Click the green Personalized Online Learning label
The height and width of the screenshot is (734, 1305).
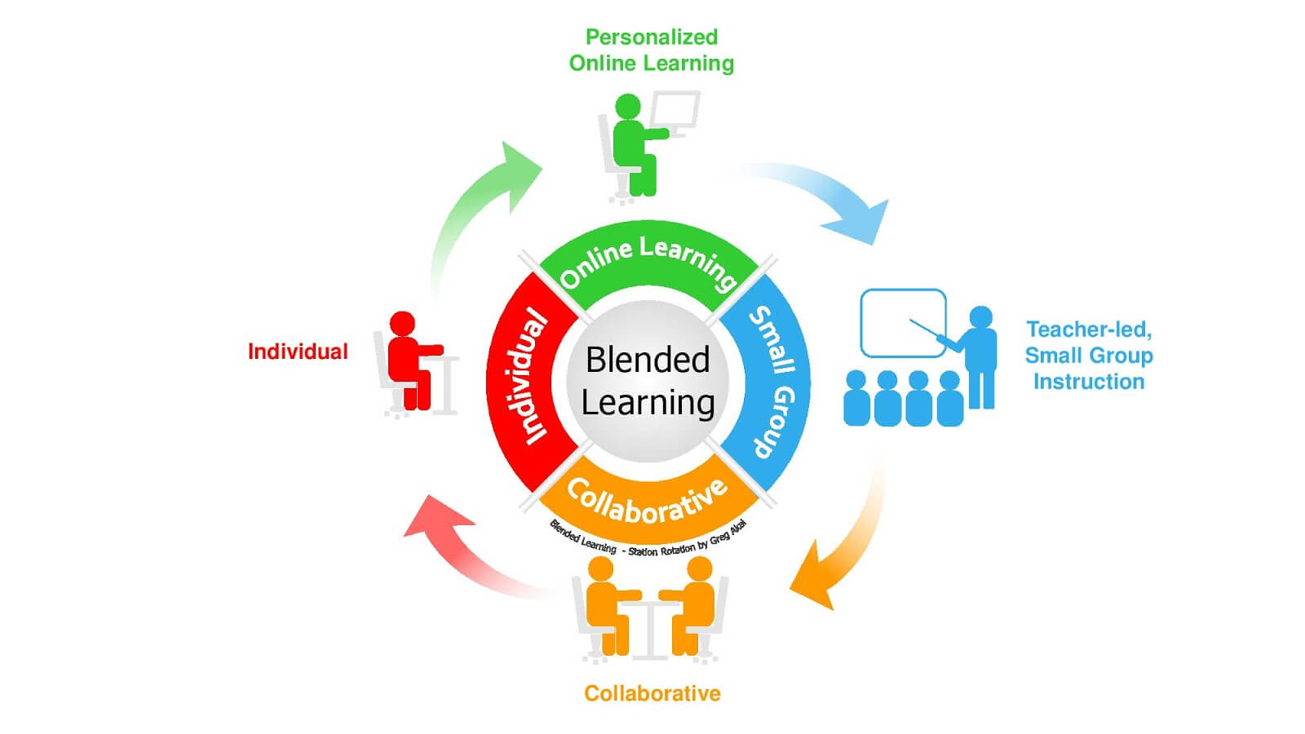(651, 50)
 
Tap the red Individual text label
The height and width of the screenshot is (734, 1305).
(298, 352)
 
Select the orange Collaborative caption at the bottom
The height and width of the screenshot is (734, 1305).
(652, 694)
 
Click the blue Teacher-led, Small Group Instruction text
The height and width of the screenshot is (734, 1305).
(1088, 356)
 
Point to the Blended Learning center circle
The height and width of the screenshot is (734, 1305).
(648, 381)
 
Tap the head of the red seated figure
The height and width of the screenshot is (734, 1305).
(402, 323)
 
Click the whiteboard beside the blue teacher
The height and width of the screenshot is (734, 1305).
(902, 323)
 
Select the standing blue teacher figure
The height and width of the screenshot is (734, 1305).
(980, 359)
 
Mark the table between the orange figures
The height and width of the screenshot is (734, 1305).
(650, 628)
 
